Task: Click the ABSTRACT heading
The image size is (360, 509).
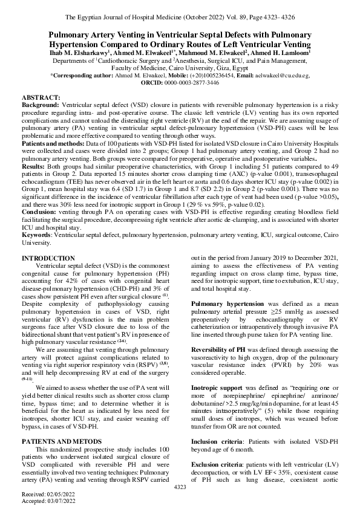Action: click(41, 97)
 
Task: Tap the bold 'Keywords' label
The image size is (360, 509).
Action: click(38, 235)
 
